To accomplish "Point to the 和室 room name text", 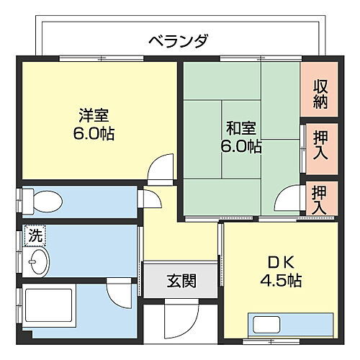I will (x=240, y=129).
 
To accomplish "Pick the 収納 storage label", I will (x=320, y=94).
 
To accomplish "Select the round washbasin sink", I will (x=37, y=260).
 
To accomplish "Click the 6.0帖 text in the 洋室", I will (x=94, y=133).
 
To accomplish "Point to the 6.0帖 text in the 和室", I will (x=241, y=147).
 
